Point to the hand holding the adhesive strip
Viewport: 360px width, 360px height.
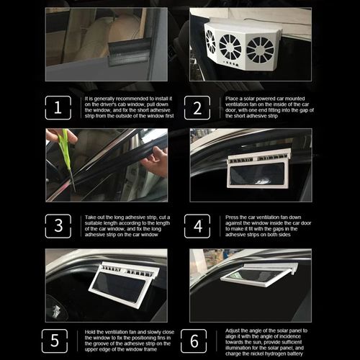coord(154,162)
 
